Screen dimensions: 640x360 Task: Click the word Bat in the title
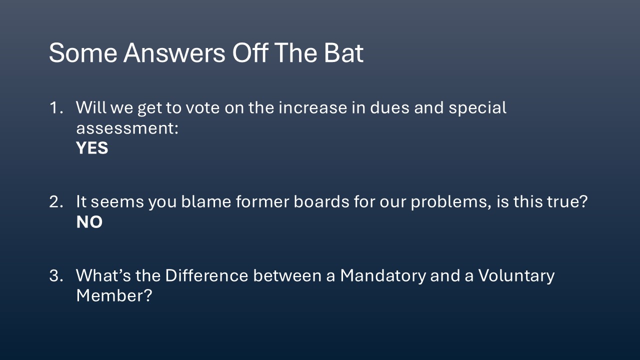(343, 53)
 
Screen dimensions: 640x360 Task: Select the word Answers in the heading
(174, 53)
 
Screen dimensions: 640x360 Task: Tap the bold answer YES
(92, 148)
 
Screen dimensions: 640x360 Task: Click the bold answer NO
(89, 222)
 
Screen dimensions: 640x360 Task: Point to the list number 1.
(56, 107)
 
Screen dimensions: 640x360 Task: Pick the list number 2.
(56, 201)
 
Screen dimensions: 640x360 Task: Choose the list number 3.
(56, 275)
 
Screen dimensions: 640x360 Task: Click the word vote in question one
(203, 108)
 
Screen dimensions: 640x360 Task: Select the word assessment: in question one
(127, 128)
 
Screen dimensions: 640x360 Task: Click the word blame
(206, 201)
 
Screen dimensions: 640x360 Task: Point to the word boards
(321, 201)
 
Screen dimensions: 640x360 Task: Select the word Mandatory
(383, 276)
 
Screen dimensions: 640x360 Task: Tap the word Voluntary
(516, 276)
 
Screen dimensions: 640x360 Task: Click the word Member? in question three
(114, 295)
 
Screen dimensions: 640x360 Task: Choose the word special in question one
(477, 108)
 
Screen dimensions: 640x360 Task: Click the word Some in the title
(83, 53)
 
